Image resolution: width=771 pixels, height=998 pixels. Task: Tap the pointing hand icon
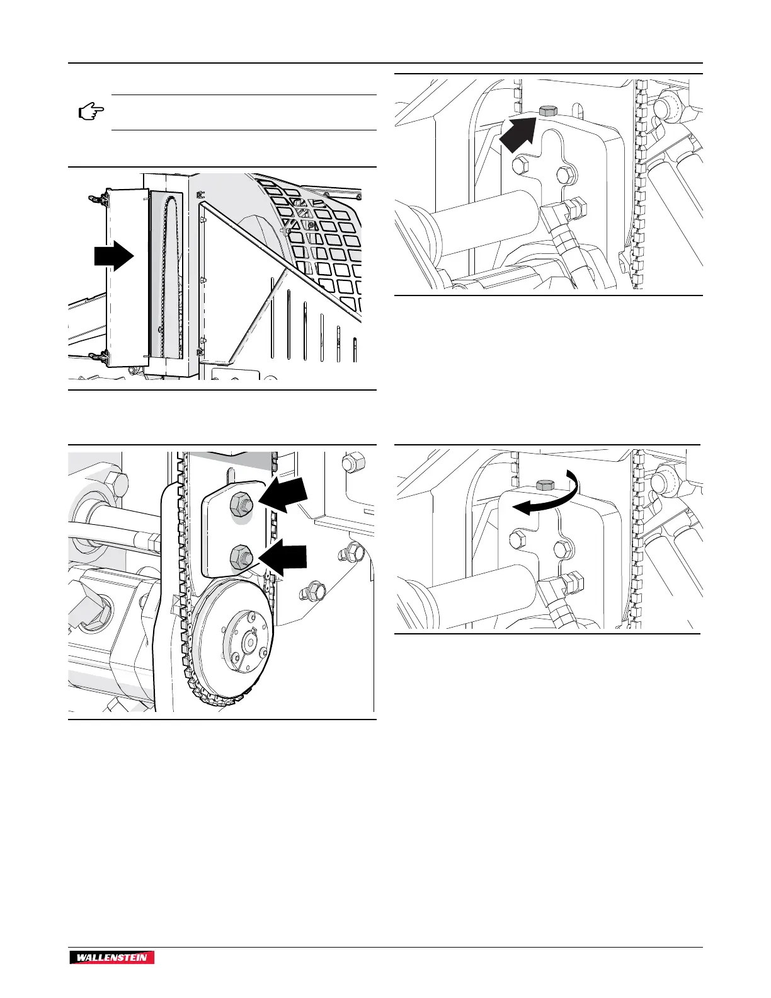point(91,113)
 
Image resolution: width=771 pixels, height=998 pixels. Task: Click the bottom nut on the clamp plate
point(241,556)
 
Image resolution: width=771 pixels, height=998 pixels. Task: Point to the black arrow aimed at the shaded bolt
point(520,134)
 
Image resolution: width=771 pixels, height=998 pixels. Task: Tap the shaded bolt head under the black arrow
point(548,111)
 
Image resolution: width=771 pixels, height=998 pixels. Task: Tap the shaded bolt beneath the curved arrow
point(544,485)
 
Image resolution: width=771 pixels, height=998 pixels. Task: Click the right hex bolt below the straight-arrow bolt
point(565,175)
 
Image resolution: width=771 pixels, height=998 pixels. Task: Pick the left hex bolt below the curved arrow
point(516,539)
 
